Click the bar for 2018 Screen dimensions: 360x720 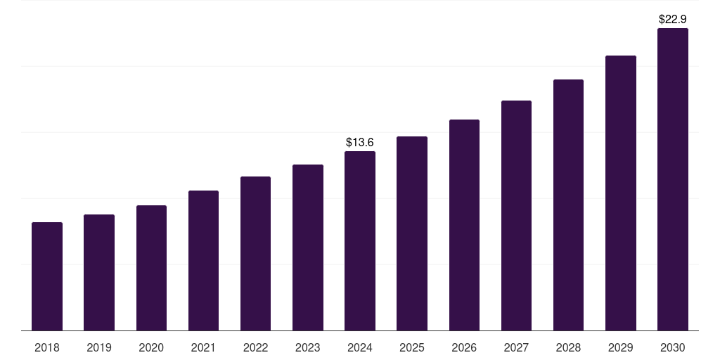47,276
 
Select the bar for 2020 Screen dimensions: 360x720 151,268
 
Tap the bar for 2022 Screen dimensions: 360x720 255,253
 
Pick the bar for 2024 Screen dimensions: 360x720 360,240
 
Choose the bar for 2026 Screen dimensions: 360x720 464,225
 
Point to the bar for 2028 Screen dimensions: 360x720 568,205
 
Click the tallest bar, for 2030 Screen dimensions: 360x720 673,179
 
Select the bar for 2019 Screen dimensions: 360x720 99,272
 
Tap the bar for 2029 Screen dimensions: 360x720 621,193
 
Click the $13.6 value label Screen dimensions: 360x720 360,143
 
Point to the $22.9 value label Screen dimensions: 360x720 673,20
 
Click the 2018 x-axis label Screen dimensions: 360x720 47,347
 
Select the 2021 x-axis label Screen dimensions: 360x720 203,347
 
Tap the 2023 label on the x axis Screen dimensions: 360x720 308,347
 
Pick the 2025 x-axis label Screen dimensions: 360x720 412,347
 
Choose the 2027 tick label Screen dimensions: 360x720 516,347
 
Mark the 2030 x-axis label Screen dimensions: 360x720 673,347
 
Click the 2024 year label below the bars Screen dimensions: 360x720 360,347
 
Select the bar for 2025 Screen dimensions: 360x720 412,233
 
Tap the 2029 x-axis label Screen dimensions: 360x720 621,347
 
